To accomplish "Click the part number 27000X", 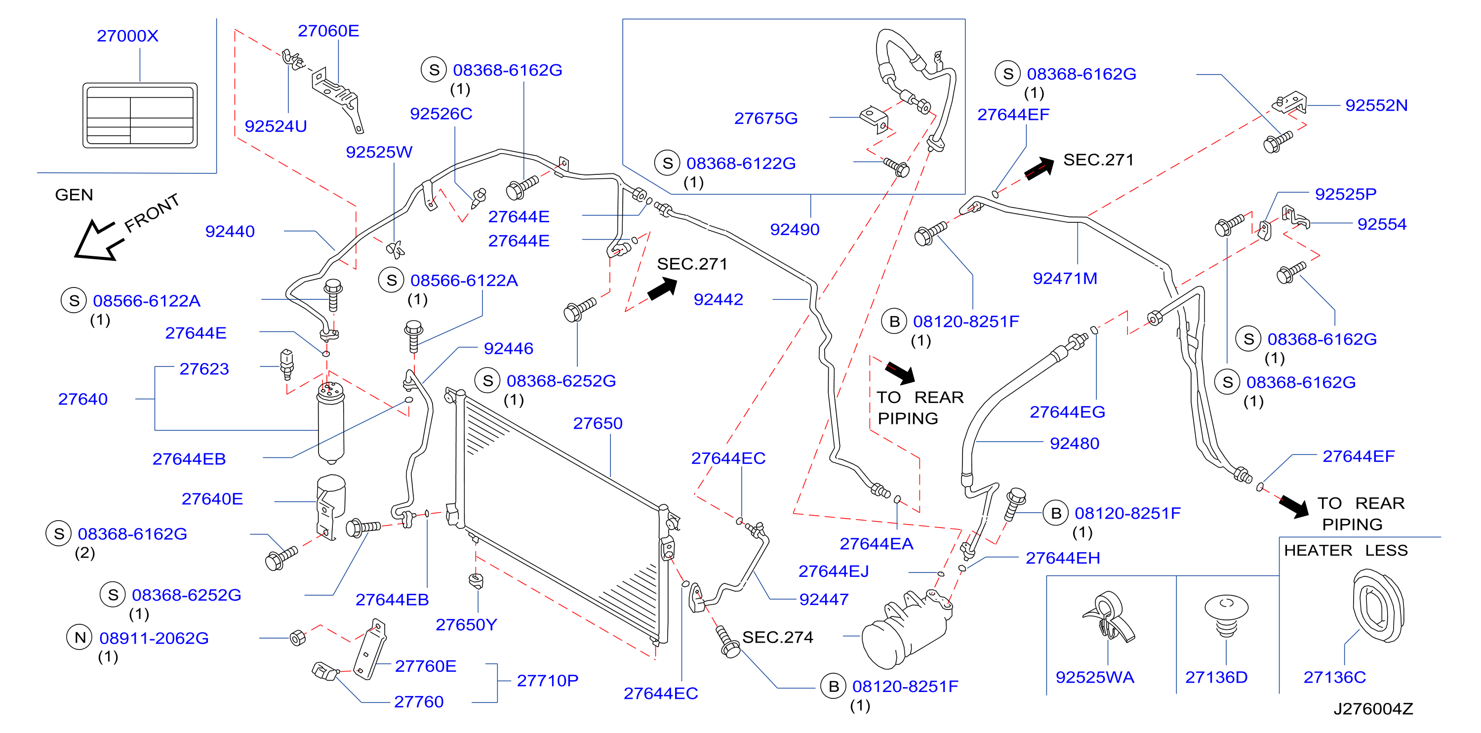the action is (x=127, y=36).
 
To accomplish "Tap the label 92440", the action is (x=230, y=231).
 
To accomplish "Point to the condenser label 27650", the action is (x=598, y=423).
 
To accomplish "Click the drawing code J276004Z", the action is (x=1373, y=709).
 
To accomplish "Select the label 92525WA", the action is (x=1095, y=677).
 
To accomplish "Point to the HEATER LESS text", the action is (x=1346, y=550).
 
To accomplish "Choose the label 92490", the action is (x=795, y=229).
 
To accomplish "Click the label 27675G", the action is (x=766, y=118).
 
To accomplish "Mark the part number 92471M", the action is (x=1065, y=278).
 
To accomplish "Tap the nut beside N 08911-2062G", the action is (x=297, y=638).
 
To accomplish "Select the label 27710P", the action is (x=547, y=681).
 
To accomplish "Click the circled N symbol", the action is (x=80, y=637).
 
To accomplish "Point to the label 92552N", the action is (x=1376, y=105).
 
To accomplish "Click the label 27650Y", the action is (x=466, y=624).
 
